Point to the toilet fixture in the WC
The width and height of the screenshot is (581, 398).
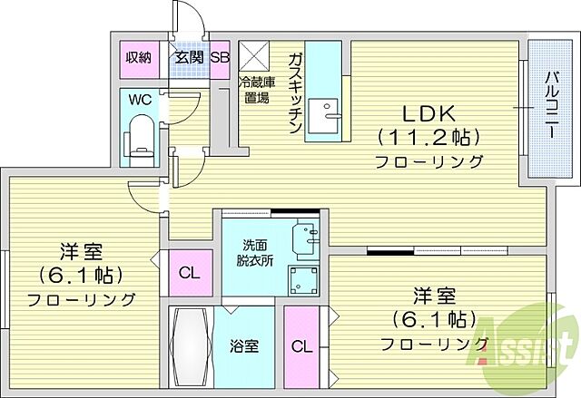point(141,135)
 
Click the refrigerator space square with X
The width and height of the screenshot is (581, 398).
point(253,56)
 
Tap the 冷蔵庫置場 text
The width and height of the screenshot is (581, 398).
point(254,92)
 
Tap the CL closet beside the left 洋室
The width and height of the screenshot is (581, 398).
point(189,273)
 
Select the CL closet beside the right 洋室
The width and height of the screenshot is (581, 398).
point(299,345)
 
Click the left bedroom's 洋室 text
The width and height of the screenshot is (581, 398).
point(79,249)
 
